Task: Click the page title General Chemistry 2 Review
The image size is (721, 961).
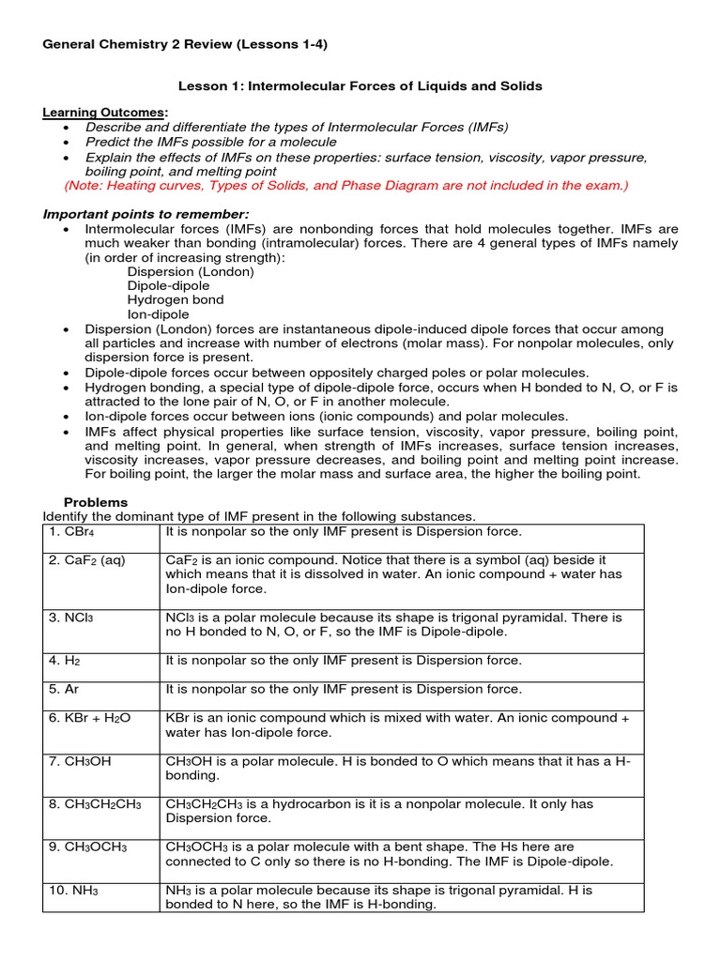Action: coord(185,43)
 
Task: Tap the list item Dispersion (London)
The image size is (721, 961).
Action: coord(191,272)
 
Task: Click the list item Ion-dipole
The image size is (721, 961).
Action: coord(158,314)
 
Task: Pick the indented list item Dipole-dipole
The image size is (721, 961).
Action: coord(169,286)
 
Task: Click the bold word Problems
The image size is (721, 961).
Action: coord(95,502)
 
